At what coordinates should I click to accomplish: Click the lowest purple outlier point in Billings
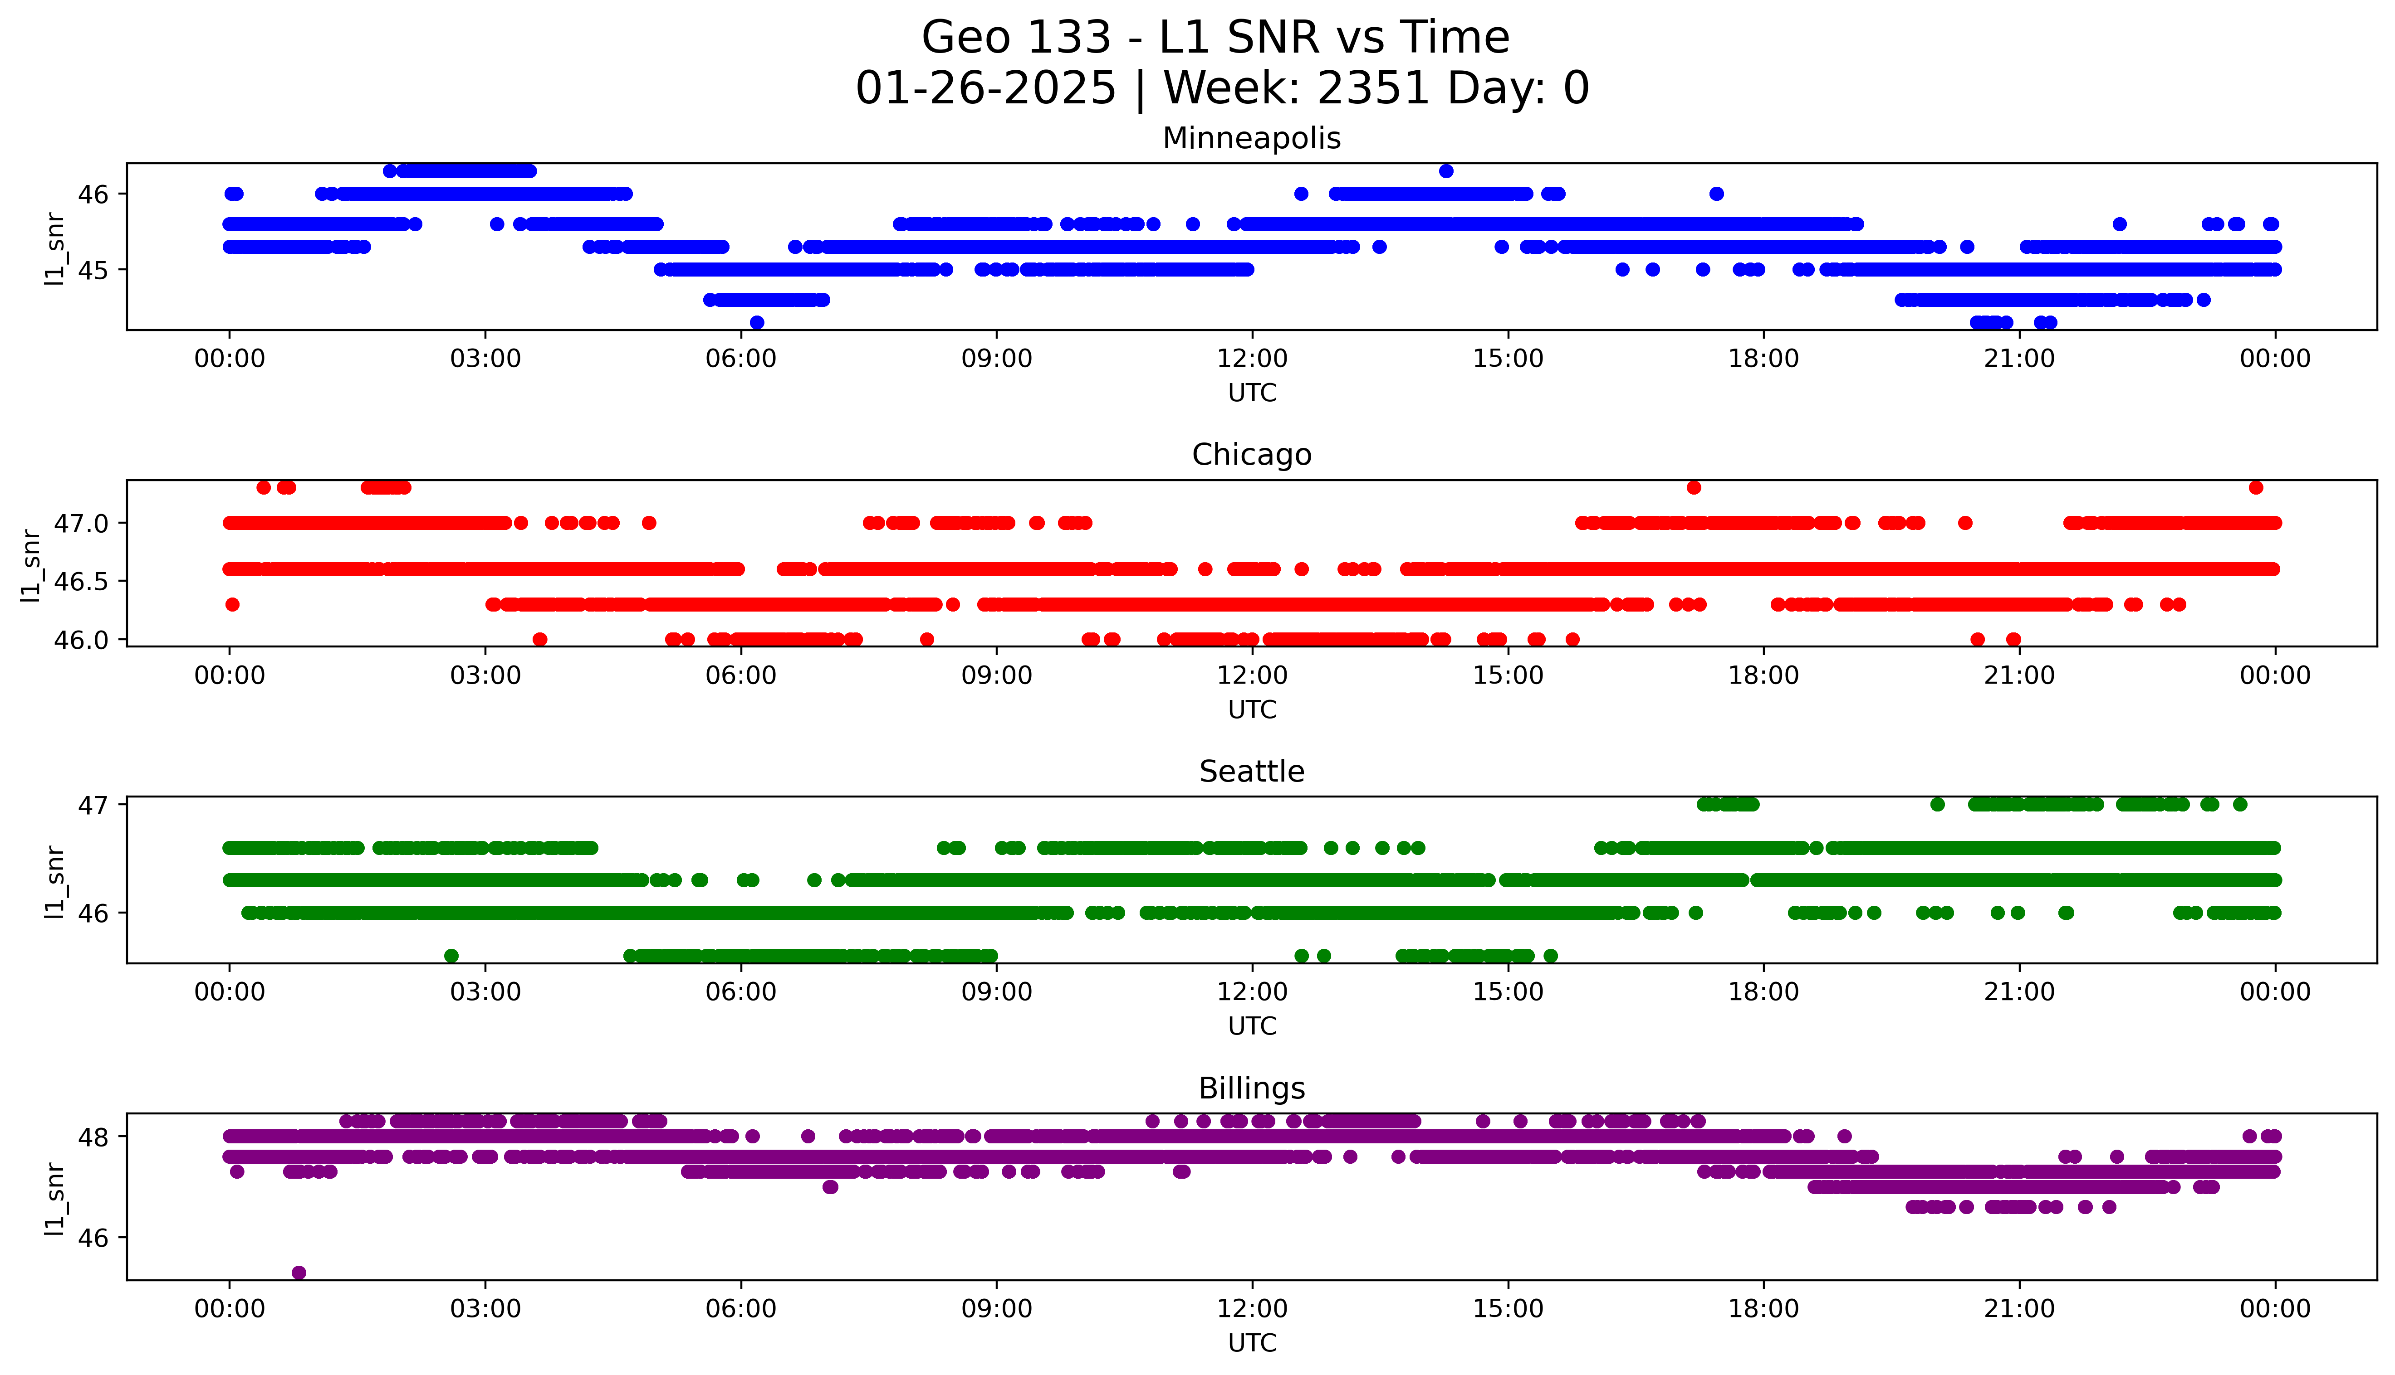click(299, 1272)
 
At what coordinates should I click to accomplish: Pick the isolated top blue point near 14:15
click(1445, 171)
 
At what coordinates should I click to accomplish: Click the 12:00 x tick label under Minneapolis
click(1252, 359)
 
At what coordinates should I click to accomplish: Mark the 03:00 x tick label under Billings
click(485, 1309)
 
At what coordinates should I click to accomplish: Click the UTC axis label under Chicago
click(1252, 709)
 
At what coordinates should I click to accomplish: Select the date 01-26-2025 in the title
click(985, 89)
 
